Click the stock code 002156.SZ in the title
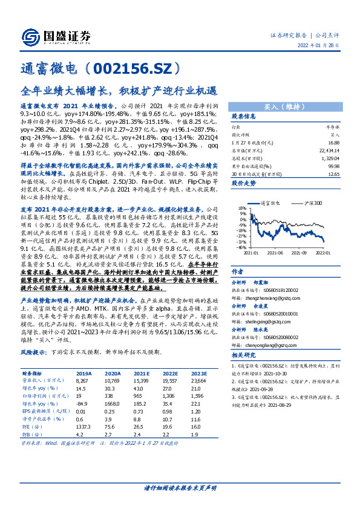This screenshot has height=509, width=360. coord(135,68)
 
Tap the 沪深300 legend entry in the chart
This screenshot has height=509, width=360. coord(307,204)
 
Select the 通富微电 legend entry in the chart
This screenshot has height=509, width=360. coord(269,204)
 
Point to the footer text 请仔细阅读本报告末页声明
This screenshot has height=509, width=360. coord(180,487)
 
